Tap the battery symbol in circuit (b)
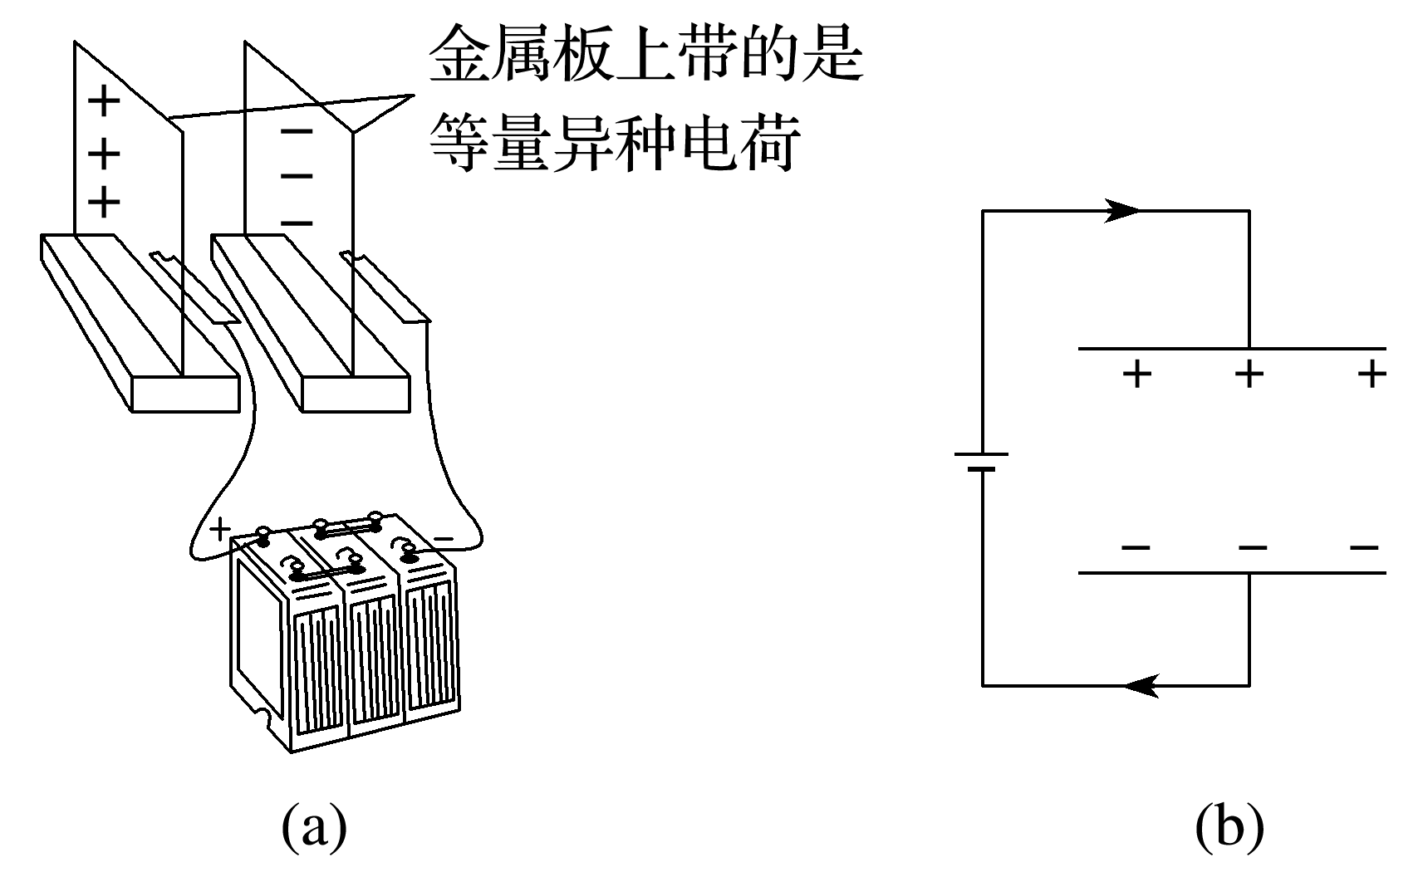point(982,462)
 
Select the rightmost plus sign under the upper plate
point(1371,375)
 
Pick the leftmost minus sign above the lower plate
point(1136,548)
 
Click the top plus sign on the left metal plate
point(104,103)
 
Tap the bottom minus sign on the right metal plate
point(297,223)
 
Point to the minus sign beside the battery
point(444,540)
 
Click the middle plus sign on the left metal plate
point(104,153)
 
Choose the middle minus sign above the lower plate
point(1252,548)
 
